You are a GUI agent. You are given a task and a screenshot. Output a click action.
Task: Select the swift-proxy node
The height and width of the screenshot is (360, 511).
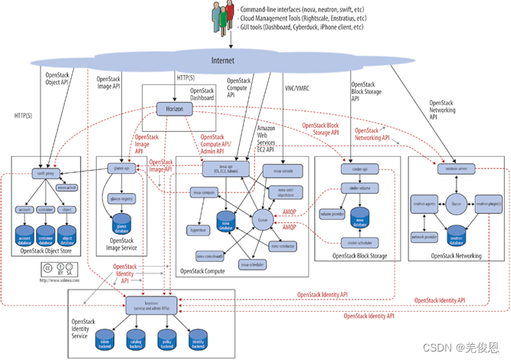(41, 174)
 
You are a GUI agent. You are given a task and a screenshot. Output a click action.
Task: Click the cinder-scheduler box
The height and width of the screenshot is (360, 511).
(356, 243)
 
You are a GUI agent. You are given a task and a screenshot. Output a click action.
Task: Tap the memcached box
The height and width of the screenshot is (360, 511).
(66, 188)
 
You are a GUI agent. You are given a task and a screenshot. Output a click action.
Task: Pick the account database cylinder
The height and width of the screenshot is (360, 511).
(24, 234)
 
